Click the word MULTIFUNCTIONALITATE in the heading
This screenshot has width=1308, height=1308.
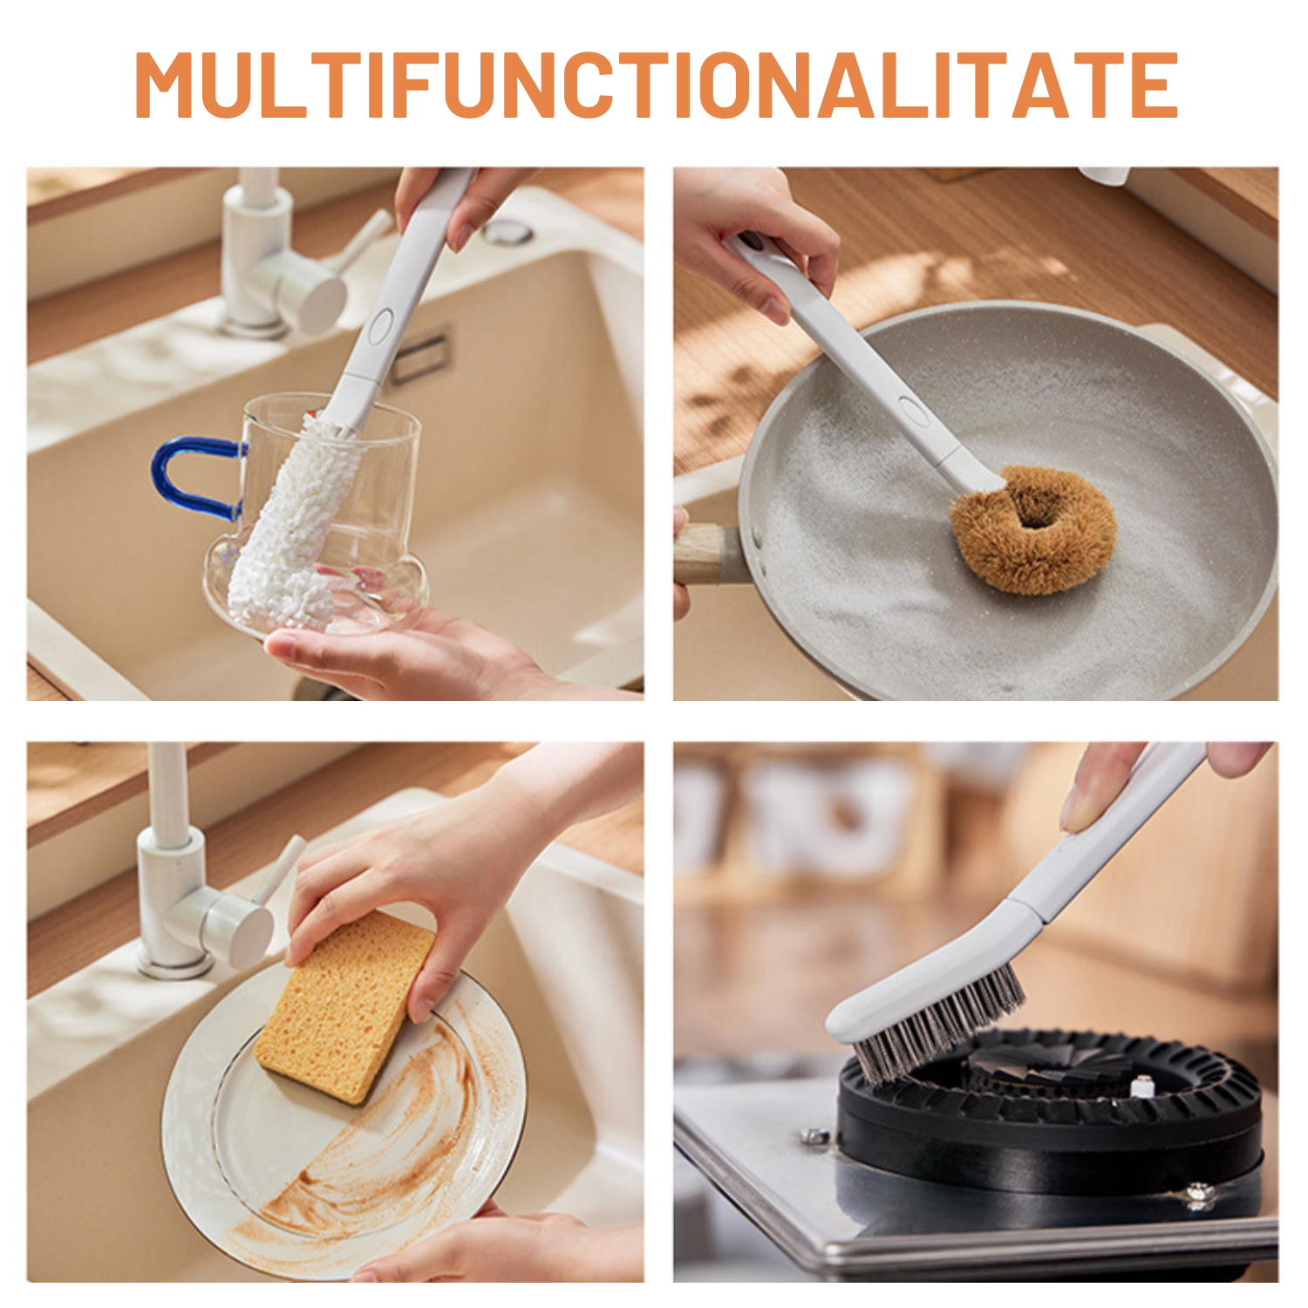coord(656,85)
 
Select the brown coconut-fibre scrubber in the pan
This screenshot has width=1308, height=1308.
coord(1033,529)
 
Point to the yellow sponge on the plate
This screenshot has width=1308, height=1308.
coord(344,1007)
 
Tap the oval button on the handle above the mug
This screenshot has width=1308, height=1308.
coord(380,326)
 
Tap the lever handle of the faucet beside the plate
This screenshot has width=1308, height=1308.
coord(281,868)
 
